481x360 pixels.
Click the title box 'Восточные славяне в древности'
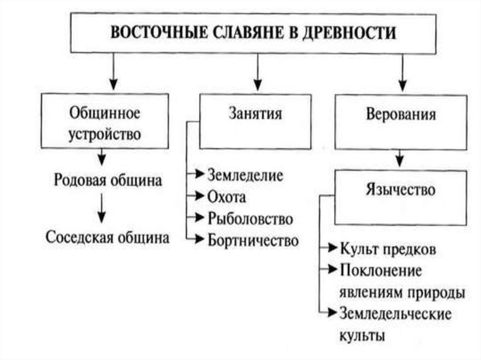[x=253, y=33]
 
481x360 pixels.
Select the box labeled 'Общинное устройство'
[x=105, y=122]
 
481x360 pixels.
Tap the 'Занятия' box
[x=255, y=121]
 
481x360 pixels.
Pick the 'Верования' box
[x=401, y=121]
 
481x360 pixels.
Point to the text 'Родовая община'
[x=108, y=181]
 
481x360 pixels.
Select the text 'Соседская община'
[x=108, y=237]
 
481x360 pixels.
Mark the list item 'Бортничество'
[x=253, y=241]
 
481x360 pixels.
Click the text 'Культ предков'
[x=388, y=249]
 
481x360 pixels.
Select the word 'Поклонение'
[x=381, y=270]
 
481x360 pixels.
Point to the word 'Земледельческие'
[x=395, y=314]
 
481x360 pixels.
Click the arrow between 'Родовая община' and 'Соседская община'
[x=101, y=209]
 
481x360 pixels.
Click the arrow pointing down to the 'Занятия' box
[x=256, y=72]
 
